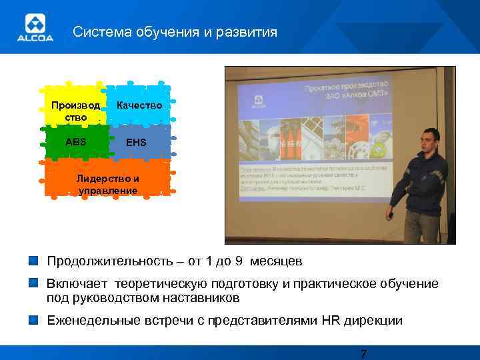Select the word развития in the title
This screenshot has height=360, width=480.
click(249, 32)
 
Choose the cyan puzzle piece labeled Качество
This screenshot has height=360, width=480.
click(139, 105)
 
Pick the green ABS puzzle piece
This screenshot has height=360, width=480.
click(76, 142)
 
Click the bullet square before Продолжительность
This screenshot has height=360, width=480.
click(33, 259)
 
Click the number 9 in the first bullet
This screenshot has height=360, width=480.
click(248, 260)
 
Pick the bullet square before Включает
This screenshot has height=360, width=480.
click(33, 283)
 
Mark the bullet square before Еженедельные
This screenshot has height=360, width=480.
click(33, 319)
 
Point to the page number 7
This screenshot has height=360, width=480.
click(363, 353)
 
